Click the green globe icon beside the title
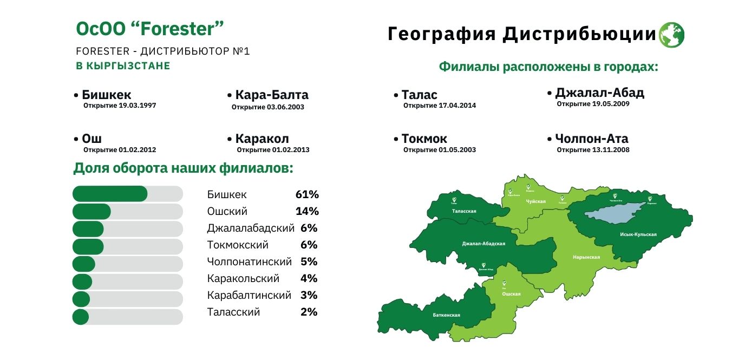pyautogui.click(x=671, y=35)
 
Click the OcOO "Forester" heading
pyautogui.click(x=150, y=29)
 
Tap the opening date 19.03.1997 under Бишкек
pyautogui.click(x=120, y=106)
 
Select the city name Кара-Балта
pyautogui.click(x=272, y=95)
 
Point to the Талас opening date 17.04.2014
pyautogui.click(x=440, y=106)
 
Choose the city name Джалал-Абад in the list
pyautogui.click(x=600, y=93)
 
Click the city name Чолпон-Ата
pyautogui.click(x=592, y=139)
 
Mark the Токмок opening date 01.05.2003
pyautogui.click(x=440, y=149)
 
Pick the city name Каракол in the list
pyautogui.click(x=262, y=139)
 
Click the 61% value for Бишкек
pyautogui.click(x=307, y=194)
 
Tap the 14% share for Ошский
pyautogui.click(x=307, y=211)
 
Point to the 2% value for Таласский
pyautogui.click(x=309, y=312)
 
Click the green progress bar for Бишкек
pyautogui.click(x=110, y=194)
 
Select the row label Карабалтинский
pyautogui.click(x=249, y=295)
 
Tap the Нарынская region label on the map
pyautogui.click(x=586, y=257)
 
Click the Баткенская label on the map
pyautogui.click(x=447, y=315)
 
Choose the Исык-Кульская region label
pyautogui.click(x=638, y=234)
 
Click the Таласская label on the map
pyautogui.click(x=464, y=211)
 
